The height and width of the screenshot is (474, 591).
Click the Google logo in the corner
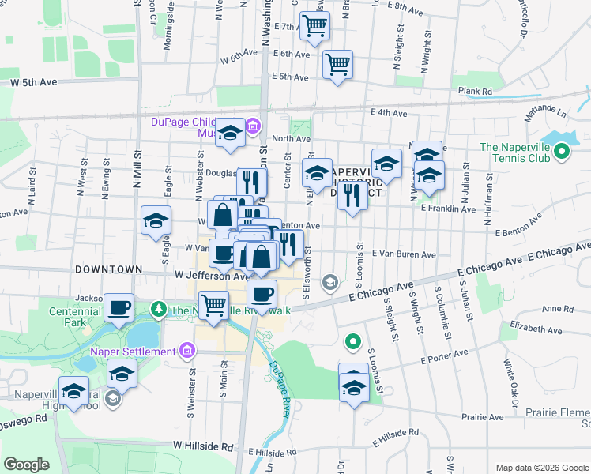pyautogui.click(x=26, y=465)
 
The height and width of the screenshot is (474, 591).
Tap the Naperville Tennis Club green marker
pyautogui.click(x=562, y=150)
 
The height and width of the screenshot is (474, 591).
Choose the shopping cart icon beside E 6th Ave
pyautogui.click(x=337, y=63)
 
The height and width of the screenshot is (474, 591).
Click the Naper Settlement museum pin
pyautogui.click(x=187, y=350)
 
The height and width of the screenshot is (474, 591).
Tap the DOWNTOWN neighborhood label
pyautogui.click(x=108, y=269)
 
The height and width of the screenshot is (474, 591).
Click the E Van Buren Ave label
pyautogui.click(x=401, y=255)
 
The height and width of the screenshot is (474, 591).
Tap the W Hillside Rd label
pyautogui.click(x=202, y=446)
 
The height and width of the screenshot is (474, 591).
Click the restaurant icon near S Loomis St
pyautogui.click(x=352, y=194)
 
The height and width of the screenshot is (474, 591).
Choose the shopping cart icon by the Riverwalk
pyautogui.click(x=213, y=304)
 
